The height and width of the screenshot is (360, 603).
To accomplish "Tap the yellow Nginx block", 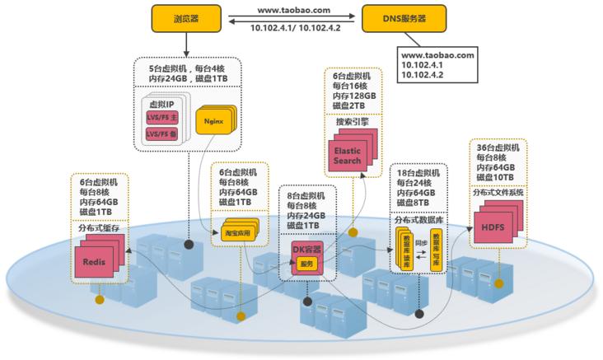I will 211,120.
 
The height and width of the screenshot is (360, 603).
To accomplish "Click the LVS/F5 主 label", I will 161,118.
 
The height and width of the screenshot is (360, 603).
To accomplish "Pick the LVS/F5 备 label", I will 161,133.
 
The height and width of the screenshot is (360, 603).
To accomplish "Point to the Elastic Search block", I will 347,156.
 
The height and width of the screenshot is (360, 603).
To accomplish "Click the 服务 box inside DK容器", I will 307,264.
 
